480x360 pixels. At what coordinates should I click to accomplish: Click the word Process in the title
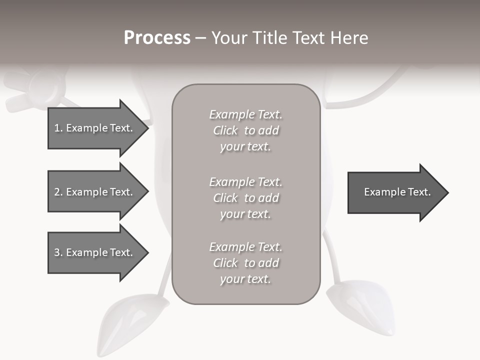coord(157,38)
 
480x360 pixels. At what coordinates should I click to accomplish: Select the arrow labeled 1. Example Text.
coord(95,128)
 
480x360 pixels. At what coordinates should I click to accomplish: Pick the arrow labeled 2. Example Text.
coord(95,192)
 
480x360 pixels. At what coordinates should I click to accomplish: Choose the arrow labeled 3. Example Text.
coord(95,252)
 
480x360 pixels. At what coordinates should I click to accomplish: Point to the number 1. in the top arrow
coord(58,128)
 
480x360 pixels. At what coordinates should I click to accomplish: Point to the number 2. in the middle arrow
coord(58,192)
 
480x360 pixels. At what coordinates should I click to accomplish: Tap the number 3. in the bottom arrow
coord(58,252)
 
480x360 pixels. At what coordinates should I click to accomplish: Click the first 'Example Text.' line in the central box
coord(245,114)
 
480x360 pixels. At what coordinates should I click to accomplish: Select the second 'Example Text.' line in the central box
coord(245,182)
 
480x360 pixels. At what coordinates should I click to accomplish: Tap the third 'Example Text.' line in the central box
coord(245,247)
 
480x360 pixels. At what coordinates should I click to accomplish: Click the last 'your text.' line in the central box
coord(245,279)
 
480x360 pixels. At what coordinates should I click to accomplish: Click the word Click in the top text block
coord(225,130)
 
